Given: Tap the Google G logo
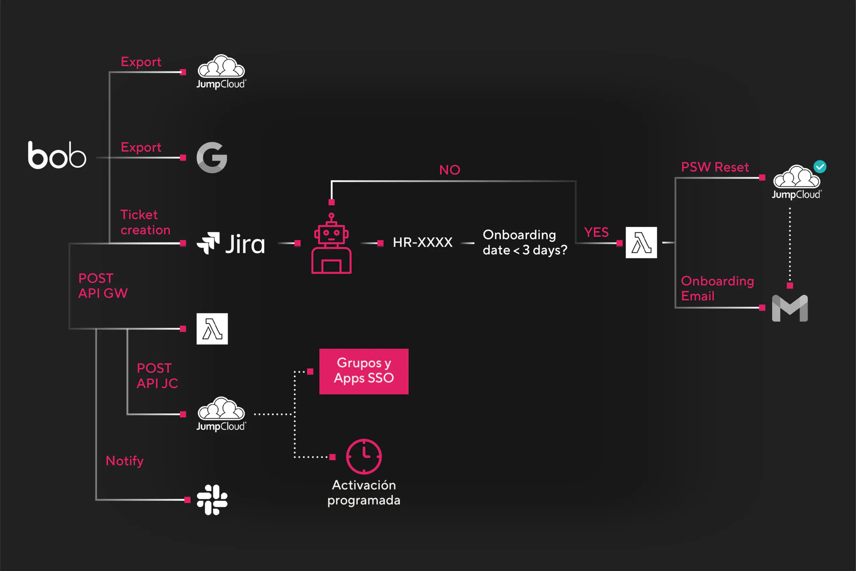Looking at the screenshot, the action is tap(212, 157).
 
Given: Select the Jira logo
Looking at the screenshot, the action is tap(231, 243).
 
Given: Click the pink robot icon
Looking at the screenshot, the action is tap(331, 243).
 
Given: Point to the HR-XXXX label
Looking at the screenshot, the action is tap(423, 242).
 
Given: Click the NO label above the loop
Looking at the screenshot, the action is tap(450, 170).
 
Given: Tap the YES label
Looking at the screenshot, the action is tap(596, 232).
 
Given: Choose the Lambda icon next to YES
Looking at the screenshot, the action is tap(641, 243).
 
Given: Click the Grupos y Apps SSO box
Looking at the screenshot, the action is tap(364, 372).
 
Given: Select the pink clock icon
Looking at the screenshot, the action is tap(364, 457).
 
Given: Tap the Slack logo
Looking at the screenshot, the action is tap(212, 500).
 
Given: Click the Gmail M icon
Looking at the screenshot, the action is tap(790, 308).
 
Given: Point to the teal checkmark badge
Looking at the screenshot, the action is tap(820, 167).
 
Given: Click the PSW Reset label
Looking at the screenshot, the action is tap(715, 167).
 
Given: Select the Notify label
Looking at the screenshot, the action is tap(124, 461).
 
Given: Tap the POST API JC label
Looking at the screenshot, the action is tap(157, 376).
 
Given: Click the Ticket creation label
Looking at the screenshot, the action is tap(145, 222).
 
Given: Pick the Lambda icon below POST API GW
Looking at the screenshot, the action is tap(212, 329).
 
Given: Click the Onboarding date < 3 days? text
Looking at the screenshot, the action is tap(525, 243).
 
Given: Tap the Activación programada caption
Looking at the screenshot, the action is tap(364, 493).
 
